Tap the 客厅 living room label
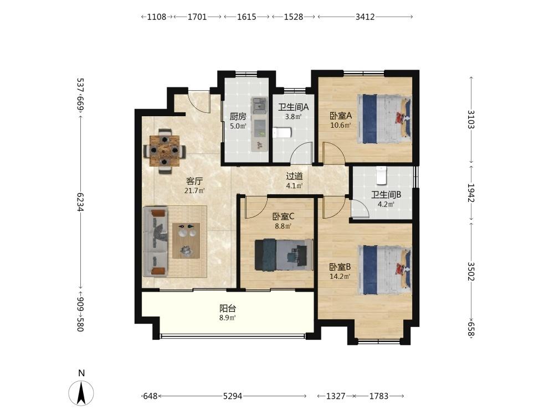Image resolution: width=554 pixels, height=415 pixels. pyautogui.click(x=194, y=181)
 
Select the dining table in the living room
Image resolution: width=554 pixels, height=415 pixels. pyautogui.click(x=164, y=151)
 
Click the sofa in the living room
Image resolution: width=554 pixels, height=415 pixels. pyautogui.click(x=156, y=242)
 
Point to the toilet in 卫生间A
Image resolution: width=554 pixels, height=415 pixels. pyautogui.click(x=283, y=133)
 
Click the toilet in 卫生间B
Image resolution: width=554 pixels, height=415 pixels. pyautogui.click(x=382, y=175)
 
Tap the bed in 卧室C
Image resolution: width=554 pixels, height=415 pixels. pyautogui.click(x=284, y=255)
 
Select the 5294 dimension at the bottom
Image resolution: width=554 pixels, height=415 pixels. pyautogui.click(x=233, y=396)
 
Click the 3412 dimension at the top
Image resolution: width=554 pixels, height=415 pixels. pyautogui.click(x=365, y=17)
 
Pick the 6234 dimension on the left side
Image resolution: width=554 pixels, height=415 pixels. pyautogui.click(x=80, y=202)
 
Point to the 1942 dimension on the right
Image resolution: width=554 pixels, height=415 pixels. pyautogui.click(x=471, y=193)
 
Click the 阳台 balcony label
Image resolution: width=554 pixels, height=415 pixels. pyautogui.click(x=228, y=308)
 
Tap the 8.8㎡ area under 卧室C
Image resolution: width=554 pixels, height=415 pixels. pyautogui.click(x=283, y=226)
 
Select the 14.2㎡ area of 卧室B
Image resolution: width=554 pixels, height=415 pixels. pyautogui.click(x=340, y=277)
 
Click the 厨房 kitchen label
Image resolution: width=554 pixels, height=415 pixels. pyautogui.click(x=238, y=116)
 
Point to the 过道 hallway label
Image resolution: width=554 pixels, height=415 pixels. pyautogui.click(x=294, y=176)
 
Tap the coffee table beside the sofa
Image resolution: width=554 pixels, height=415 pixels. pyautogui.click(x=186, y=241)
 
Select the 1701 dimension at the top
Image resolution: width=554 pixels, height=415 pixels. pyautogui.click(x=197, y=17)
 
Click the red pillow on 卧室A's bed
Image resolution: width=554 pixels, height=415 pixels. pyautogui.click(x=401, y=117)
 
